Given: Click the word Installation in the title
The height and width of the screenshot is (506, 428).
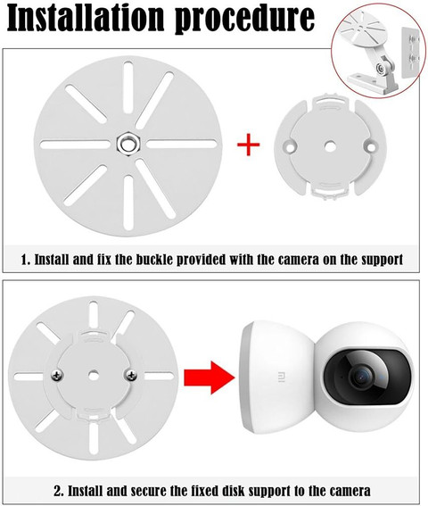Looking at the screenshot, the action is (86, 18).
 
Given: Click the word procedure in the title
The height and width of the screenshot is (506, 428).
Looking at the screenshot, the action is (244, 20).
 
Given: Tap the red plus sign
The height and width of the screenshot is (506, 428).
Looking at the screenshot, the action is (249, 145).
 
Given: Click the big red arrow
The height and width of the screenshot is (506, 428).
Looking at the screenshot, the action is (210, 377).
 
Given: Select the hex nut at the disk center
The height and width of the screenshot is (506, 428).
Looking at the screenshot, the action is (128, 144).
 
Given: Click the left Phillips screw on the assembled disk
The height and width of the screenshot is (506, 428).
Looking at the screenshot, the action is (58, 375).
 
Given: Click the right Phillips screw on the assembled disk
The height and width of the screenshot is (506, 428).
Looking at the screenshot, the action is (131, 375).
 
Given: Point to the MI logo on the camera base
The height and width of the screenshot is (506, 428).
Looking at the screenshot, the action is (280, 377).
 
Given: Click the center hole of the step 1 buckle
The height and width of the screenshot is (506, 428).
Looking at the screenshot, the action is (330, 147).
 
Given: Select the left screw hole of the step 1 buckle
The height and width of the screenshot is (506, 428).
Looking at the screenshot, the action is (289, 147).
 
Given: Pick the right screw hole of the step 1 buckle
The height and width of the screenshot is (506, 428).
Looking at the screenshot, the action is (371, 147).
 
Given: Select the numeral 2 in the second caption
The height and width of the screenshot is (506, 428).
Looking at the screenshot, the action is (57, 492).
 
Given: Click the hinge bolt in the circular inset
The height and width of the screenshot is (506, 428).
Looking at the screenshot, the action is (381, 69).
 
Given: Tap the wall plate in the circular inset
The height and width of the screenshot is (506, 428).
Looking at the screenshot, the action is (410, 53).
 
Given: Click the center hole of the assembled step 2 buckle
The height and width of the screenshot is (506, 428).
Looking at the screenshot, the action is (94, 375).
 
